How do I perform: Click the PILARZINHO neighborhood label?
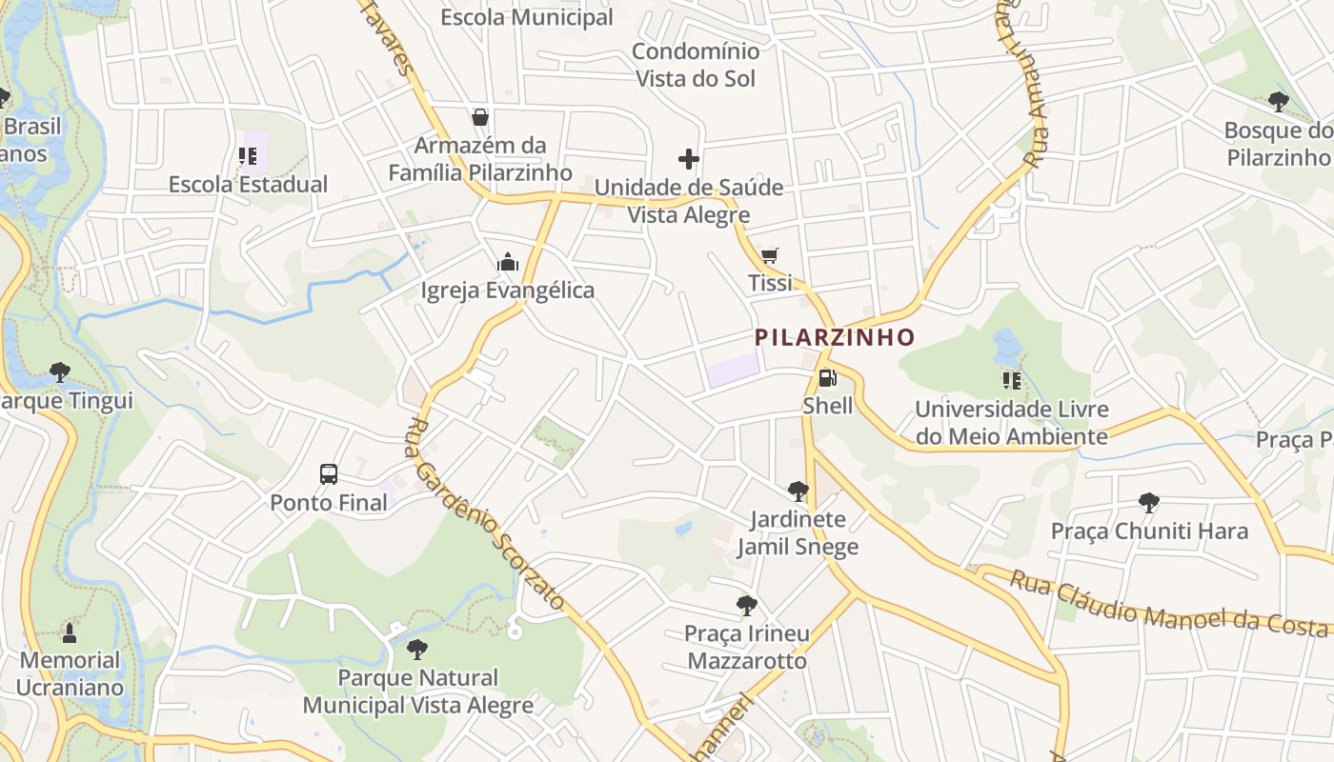click(x=835, y=337)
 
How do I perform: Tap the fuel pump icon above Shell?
click(x=827, y=378)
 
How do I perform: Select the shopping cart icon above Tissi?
click(x=770, y=255)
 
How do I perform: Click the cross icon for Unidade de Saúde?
click(x=689, y=158)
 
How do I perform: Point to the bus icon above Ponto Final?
click(x=329, y=473)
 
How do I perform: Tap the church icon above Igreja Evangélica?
click(x=508, y=262)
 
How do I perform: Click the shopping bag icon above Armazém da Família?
click(x=480, y=117)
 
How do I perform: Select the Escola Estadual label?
click(x=248, y=185)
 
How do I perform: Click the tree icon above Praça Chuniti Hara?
click(x=1149, y=502)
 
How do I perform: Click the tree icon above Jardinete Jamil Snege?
click(x=798, y=491)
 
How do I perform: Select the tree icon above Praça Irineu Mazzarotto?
click(x=747, y=605)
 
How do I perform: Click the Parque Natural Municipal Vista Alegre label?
click(x=418, y=692)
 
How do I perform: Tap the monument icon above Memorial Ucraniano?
click(x=70, y=632)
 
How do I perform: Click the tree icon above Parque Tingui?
click(x=60, y=371)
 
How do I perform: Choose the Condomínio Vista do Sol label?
click(x=696, y=65)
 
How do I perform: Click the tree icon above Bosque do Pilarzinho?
click(x=1278, y=101)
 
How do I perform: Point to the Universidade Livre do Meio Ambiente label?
click(x=1011, y=423)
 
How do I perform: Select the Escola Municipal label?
click(x=527, y=17)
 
